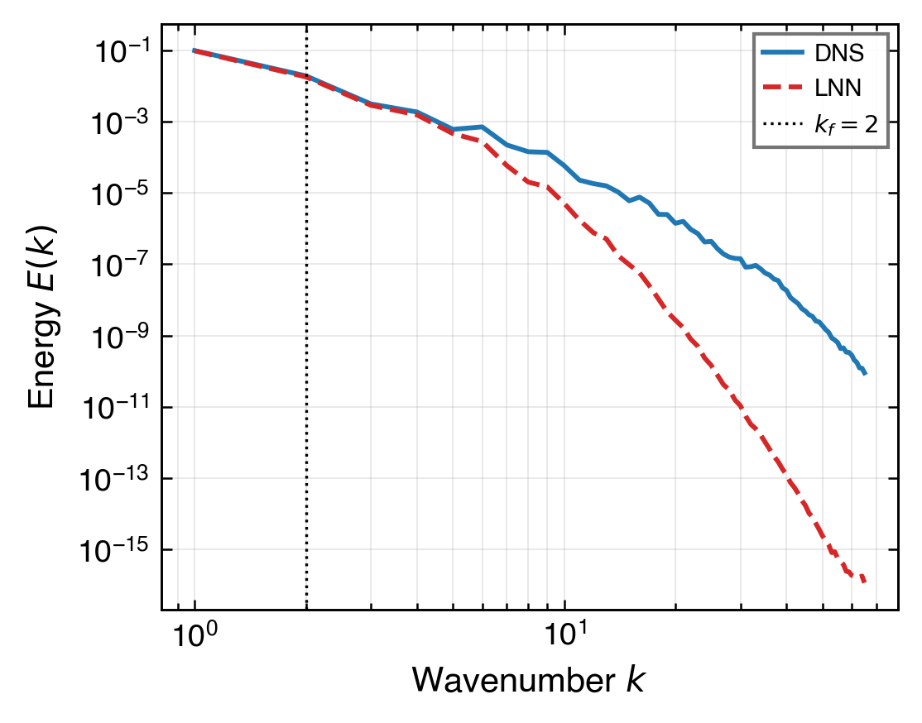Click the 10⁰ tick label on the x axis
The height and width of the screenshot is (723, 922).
click(x=194, y=639)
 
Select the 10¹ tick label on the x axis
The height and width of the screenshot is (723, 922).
click(x=564, y=639)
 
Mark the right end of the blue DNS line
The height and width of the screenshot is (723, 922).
click(x=865, y=374)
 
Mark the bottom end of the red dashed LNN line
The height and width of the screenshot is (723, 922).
click(x=865, y=582)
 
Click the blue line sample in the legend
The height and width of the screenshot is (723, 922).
click(x=782, y=54)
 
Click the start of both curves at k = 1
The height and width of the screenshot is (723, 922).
click(x=194, y=50)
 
